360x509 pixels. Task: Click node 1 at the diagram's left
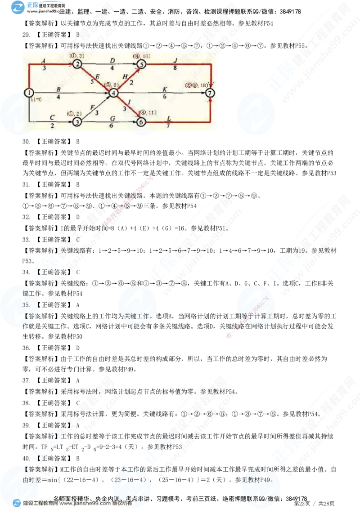click(29, 93)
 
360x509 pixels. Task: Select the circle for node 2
click(77, 64)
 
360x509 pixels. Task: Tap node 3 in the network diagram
click(77, 121)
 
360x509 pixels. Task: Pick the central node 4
click(114, 93)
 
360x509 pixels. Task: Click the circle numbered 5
click(141, 64)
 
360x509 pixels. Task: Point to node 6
click(141, 121)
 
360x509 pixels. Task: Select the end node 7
click(210, 93)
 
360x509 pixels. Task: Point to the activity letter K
click(165, 89)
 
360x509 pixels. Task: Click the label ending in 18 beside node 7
click(198, 85)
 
